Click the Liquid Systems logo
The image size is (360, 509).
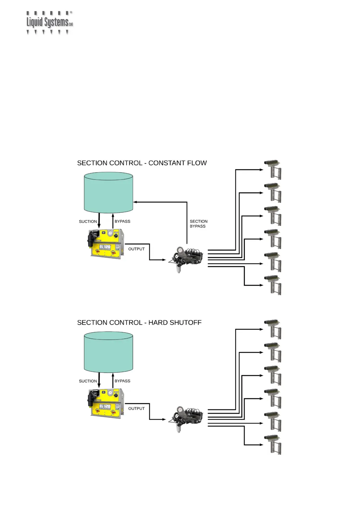pos(50,23)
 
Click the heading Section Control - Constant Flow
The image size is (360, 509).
pos(142,163)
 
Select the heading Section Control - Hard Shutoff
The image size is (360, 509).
pos(139,323)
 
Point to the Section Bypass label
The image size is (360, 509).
pos(198,224)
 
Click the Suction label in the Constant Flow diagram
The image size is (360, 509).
pos(88,222)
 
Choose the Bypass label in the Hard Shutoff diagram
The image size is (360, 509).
pos(122,381)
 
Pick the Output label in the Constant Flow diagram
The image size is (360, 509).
pos(136,249)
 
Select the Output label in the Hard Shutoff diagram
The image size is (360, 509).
pos(136,408)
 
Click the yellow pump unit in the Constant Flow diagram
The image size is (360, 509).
pos(105,244)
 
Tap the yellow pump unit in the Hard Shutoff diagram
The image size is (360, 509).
pos(105,403)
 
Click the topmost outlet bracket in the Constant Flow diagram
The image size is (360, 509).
pos(273,170)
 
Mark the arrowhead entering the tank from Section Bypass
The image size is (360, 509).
pos(135,202)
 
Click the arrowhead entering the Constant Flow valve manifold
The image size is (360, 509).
pos(164,260)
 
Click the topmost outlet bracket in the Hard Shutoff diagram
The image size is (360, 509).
pos(273,329)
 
